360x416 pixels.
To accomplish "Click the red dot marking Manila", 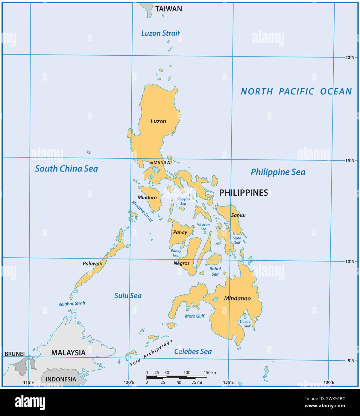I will point(152,163).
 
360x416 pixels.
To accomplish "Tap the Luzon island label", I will point(158,121).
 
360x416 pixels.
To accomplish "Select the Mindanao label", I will point(237,298).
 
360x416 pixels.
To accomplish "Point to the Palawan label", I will point(92,264).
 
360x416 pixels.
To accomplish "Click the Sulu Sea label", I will point(128,296).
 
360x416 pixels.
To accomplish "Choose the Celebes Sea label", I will point(193,351).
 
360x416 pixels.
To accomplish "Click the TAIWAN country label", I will point(168,9).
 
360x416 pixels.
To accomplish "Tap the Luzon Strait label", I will point(160,33).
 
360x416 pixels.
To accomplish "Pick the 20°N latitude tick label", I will point(349,57).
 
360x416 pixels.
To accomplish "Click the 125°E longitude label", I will point(228,382).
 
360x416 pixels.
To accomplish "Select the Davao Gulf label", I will point(245,324).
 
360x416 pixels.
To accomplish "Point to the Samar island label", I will point(239,215).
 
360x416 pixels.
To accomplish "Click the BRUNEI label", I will point(15,354).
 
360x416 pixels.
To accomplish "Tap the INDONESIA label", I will point(61,379).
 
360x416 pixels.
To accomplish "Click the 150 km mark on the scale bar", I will point(210,373).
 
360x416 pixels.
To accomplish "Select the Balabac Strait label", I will point(72,303).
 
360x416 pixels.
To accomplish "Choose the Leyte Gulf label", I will point(237,240).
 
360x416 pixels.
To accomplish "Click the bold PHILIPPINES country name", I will point(244,193).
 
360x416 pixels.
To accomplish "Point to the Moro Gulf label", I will point(195,316).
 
